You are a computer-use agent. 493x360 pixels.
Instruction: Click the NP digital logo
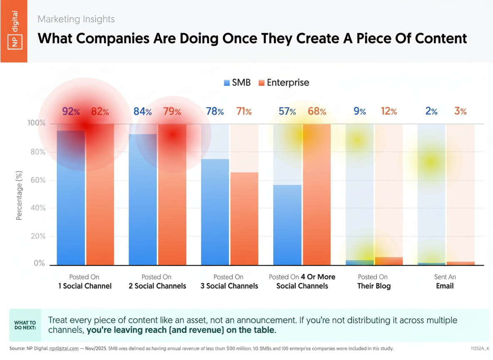pos(14,31)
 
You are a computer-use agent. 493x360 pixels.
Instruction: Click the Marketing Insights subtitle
pos(76,19)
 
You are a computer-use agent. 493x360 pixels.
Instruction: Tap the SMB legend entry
pos(237,82)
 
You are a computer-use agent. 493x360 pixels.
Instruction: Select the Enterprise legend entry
pos(284,82)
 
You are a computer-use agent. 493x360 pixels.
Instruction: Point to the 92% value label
pos(71,112)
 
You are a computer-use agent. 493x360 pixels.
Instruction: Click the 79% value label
pos(172,112)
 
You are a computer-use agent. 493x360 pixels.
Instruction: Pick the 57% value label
pos(287,112)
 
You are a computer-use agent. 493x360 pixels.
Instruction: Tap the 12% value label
pos(389,112)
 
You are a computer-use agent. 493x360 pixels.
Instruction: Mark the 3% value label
pos(460,112)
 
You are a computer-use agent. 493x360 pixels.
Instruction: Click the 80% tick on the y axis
pos(37,152)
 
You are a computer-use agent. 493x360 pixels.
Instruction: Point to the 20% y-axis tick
pos(37,236)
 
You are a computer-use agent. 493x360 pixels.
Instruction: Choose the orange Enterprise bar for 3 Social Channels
pos(244,218)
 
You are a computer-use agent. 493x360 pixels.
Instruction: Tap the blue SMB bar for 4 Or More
pos(287,225)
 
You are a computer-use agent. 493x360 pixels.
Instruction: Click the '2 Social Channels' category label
pos(157,282)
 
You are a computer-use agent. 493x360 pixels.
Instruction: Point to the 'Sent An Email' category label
pos(445,282)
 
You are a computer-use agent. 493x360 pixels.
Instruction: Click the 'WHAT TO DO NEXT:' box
pos(25,325)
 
